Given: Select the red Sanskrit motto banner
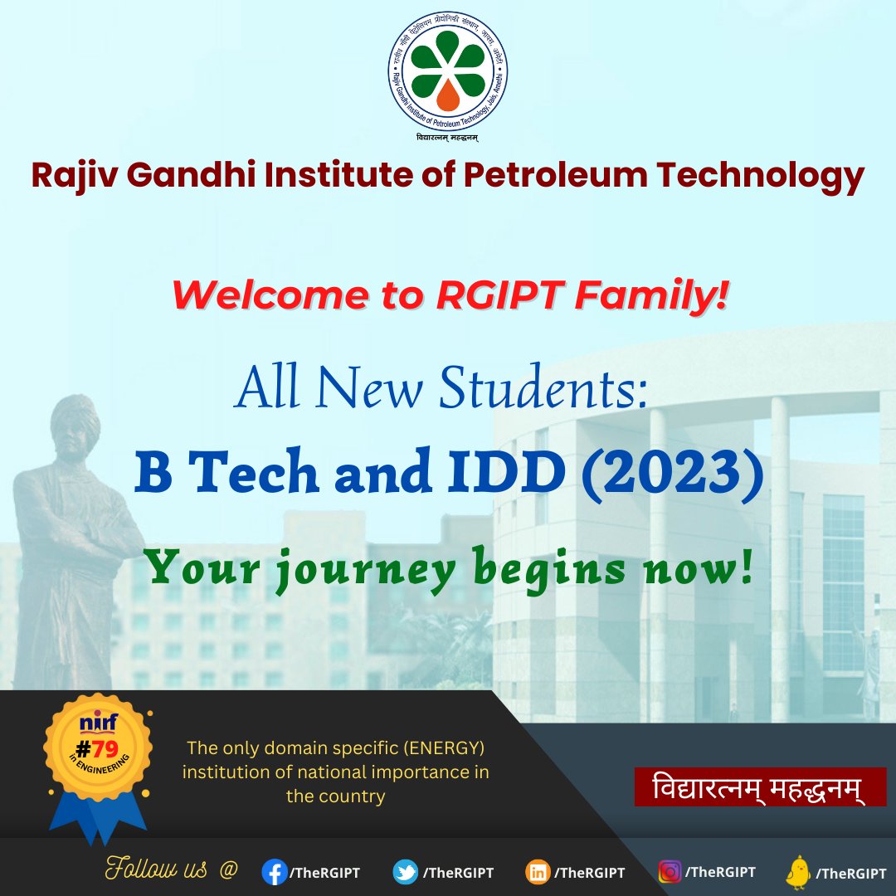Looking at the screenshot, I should [x=760, y=786].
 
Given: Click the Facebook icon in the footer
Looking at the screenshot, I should [x=273, y=872].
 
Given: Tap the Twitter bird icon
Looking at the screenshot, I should [x=405, y=872].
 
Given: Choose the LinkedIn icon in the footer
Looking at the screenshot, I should [x=537, y=872].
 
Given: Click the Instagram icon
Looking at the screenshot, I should [x=670, y=872].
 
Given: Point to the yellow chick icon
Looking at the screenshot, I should [x=798, y=871].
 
